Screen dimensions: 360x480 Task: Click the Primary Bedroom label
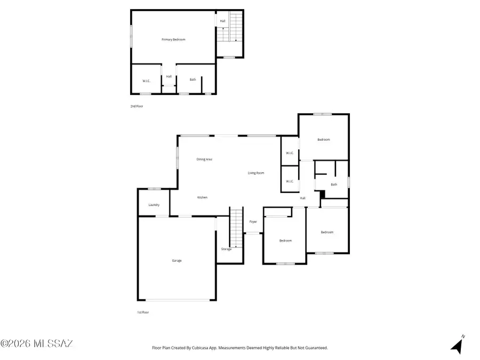(x=174, y=39)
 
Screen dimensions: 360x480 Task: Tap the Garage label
(x=177, y=260)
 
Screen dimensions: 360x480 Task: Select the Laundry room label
(x=154, y=204)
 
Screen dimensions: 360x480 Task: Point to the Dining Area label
(x=205, y=159)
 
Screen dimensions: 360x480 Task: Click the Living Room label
(x=256, y=173)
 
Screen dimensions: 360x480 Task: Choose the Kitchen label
(x=202, y=197)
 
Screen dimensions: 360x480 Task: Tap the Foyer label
(x=253, y=221)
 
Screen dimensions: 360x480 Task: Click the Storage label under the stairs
(x=226, y=249)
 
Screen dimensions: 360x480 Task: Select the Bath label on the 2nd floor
(x=193, y=80)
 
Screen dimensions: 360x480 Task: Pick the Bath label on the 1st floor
(x=334, y=185)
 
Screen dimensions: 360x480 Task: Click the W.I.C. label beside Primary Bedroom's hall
(x=146, y=81)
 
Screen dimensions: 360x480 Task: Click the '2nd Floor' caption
(x=137, y=106)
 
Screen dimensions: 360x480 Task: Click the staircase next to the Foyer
(x=236, y=227)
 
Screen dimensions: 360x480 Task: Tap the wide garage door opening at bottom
(x=178, y=300)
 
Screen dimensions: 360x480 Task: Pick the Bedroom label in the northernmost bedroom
(x=324, y=140)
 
